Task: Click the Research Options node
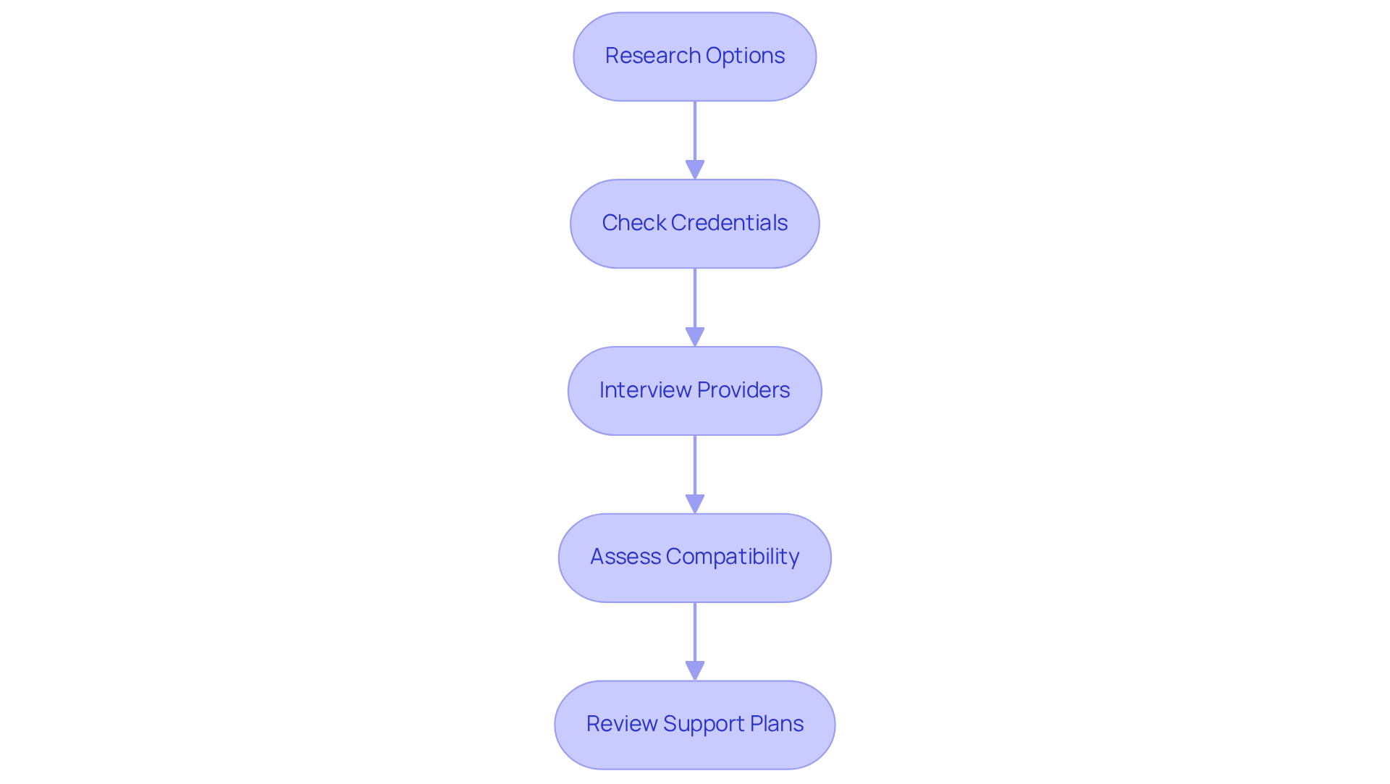tap(694, 56)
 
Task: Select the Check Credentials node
tap(694, 224)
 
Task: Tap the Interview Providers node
tap(694, 391)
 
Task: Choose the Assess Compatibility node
tap(694, 558)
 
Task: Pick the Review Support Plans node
tap(694, 725)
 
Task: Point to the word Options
tap(745, 56)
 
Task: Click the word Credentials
tap(729, 223)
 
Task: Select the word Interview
tap(645, 390)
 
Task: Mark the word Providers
tap(744, 390)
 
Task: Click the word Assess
tap(625, 557)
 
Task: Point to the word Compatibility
tap(732, 557)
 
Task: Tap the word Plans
tap(776, 724)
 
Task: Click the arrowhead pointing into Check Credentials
tap(694, 169)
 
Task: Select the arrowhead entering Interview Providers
tap(694, 337)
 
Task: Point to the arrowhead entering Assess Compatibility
tap(694, 504)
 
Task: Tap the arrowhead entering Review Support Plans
tap(694, 670)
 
